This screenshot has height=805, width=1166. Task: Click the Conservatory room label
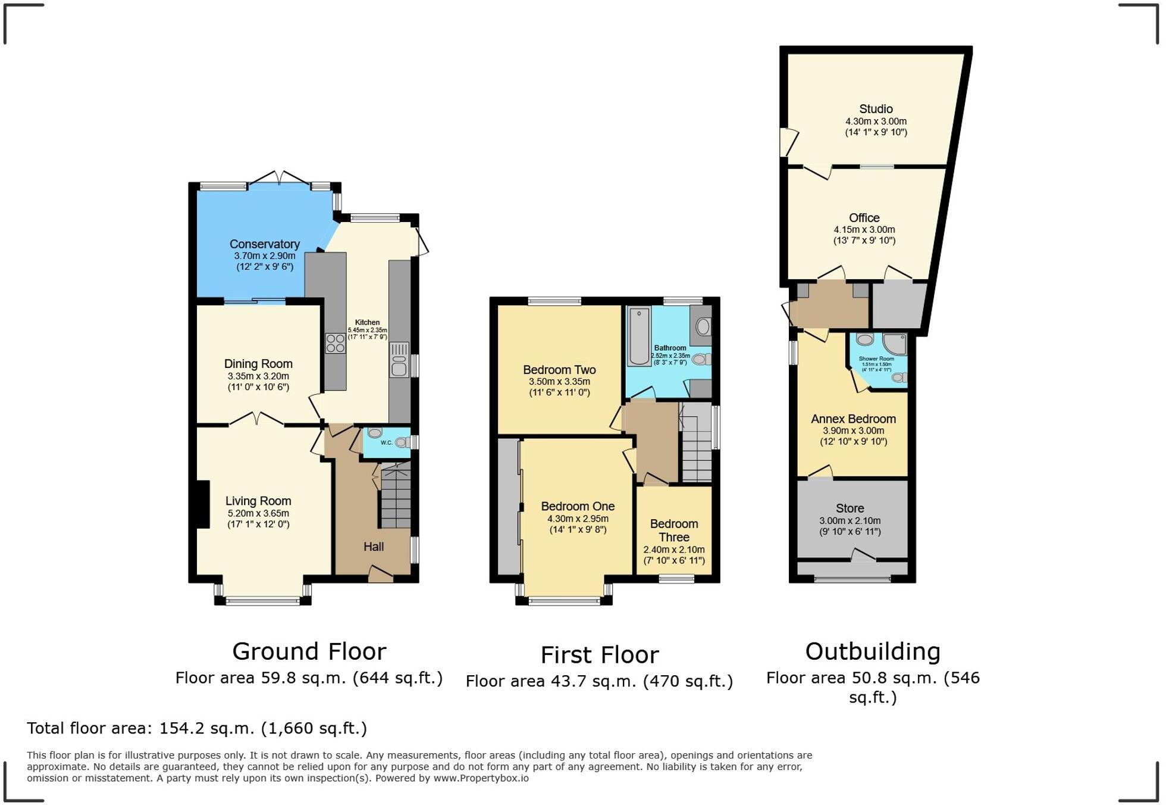tap(264, 244)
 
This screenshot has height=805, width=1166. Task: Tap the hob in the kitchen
tap(336, 344)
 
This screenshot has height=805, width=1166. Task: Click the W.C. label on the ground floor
tap(386, 442)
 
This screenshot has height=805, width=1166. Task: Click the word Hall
tap(374, 547)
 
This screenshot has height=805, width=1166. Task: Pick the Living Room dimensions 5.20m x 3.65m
tap(258, 513)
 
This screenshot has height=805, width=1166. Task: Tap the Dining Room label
tap(258, 364)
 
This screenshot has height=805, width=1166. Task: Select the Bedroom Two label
tap(559, 370)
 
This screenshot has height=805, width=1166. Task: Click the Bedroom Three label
tap(673, 531)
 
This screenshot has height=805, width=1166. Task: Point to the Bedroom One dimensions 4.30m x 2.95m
tap(578, 519)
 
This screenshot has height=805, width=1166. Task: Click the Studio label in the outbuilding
tap(876, 109)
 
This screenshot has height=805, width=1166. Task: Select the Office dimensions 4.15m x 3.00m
tap(864, 230)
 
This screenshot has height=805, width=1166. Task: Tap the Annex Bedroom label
tap(853, 419)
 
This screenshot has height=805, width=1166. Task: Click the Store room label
tap(850, 508)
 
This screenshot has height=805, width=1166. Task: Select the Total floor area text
tap(197, 728)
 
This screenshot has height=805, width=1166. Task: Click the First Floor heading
tap(600, 655)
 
